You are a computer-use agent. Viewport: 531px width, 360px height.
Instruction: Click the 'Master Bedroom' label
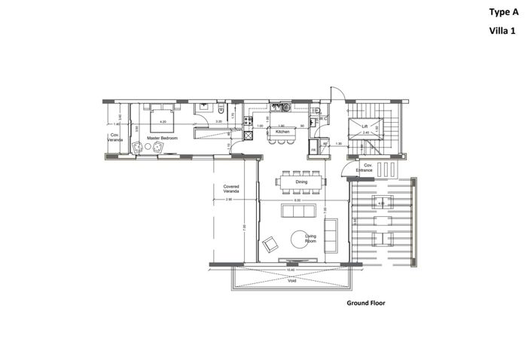(163, 139)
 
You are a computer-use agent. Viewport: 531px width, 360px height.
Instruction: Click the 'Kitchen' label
(282, 132)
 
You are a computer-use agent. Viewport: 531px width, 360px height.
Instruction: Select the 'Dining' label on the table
(301, 182)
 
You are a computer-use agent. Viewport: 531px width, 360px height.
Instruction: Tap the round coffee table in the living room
(301, 239)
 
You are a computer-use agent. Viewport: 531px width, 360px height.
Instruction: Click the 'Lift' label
(365, 126)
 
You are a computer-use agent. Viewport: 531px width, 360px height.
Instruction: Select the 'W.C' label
(322, 118)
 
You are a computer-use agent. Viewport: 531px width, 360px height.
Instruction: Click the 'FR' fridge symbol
(313, 150)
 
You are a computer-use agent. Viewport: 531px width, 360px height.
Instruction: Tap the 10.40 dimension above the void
(290, 269)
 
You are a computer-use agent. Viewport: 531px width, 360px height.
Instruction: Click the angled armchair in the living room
(269, 244)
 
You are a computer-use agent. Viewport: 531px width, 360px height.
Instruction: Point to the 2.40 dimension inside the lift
(365, 132)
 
